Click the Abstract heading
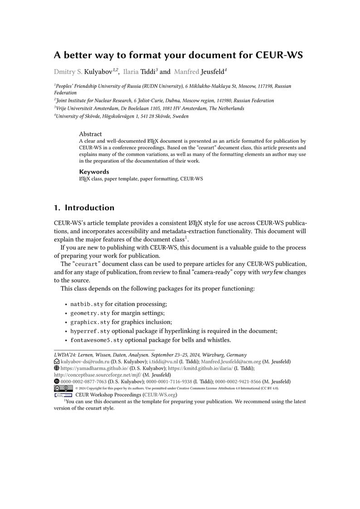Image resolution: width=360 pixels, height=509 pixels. [x=90, y=134]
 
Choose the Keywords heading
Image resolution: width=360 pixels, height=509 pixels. [x=94, y=172]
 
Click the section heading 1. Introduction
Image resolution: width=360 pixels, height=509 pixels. [x=84, y=208]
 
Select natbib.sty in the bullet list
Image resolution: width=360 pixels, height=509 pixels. [x=87, y=304]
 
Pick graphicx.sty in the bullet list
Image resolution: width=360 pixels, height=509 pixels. [x=90, y=322]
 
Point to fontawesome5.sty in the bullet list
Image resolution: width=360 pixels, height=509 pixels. [x=97, y=340]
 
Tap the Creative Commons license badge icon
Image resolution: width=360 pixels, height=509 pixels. [x=63, y=388]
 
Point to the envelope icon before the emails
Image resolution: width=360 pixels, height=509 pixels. [x=57, y=362]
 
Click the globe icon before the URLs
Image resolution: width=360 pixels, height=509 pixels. [x=57, y=368]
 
